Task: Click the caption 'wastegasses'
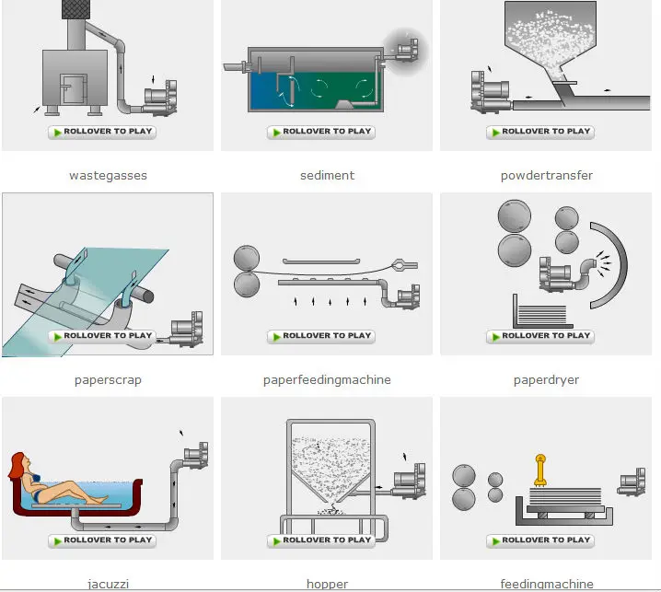point(108,175)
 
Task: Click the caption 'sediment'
point(327,175)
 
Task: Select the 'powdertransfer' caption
point(546,175)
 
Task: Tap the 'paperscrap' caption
point(108,379)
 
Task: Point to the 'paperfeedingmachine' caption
point(327,379)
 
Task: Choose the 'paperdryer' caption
point(546,379)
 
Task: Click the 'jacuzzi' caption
point(108,584)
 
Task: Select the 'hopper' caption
point(327,584)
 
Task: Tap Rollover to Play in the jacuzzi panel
point(102,540)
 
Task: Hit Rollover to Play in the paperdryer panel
point(540,336)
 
